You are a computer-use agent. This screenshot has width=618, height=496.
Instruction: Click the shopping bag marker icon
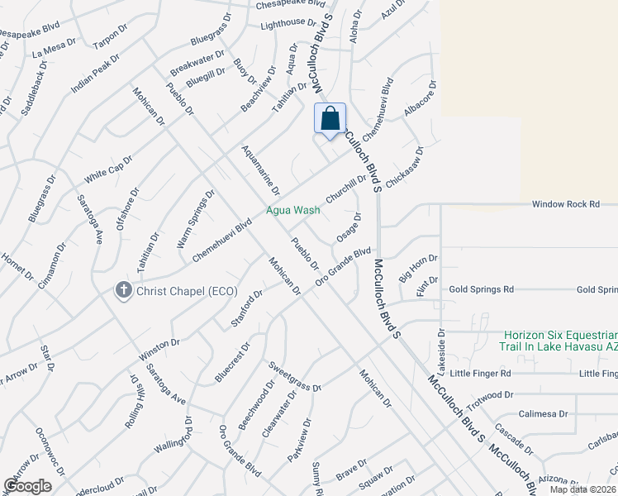click(330, 118)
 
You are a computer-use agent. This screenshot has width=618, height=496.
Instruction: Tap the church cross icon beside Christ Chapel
click(122, 291)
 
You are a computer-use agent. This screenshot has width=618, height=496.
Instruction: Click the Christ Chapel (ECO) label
click(187, 291)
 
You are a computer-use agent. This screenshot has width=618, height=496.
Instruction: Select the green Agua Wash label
click(292, 210)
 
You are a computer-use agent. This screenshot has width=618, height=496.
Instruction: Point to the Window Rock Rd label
click(565, 203)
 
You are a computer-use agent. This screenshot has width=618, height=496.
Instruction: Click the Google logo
click(28, 485)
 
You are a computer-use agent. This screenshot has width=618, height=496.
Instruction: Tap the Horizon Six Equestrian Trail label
click(558, 340)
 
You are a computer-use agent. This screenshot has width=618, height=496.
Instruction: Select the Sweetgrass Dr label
click(293, 375)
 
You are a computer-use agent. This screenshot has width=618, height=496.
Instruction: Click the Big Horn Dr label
click(418, 269)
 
